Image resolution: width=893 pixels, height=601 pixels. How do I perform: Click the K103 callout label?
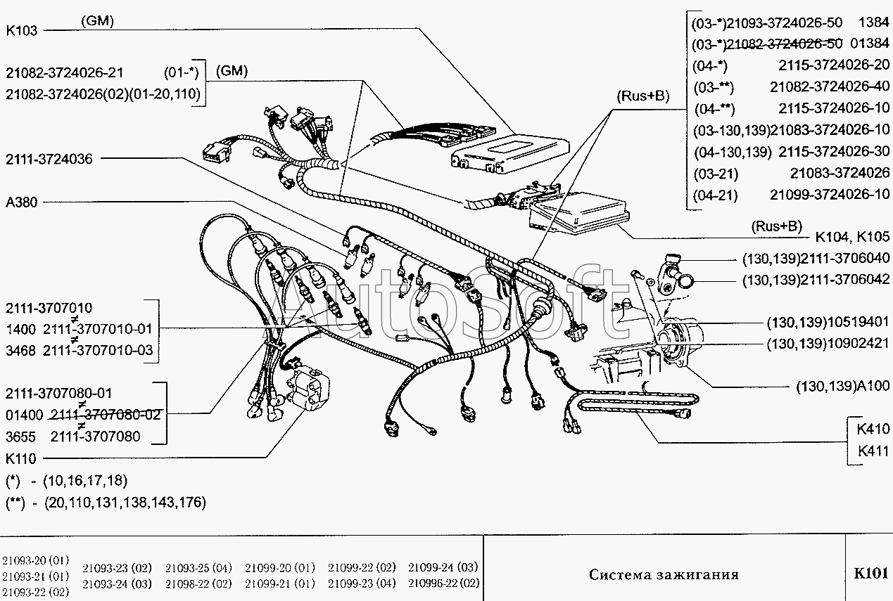pos(22,30)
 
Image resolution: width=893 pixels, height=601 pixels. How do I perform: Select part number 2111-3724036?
pos(49,159)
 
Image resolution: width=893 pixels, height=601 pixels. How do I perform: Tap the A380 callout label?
pos(22,202)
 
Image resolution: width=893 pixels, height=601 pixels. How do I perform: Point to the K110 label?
pos(21,458)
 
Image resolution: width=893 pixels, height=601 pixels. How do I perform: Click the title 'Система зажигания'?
pos(664,575)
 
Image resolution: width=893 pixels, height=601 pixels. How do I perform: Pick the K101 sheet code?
pos(870,574)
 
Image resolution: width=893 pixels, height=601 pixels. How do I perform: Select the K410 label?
pos(874,428)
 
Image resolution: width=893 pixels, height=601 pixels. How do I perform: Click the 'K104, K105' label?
pos(852,236)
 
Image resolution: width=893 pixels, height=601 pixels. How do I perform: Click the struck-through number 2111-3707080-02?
pos(105,415)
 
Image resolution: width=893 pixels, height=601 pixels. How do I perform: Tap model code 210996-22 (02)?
pos(443,583)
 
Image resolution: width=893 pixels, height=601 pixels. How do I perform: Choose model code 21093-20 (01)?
pos(36,560)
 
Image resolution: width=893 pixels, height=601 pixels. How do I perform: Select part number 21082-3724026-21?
pos(65,72)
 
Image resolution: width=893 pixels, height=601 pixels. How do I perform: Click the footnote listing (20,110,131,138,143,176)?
pos(124,503)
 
